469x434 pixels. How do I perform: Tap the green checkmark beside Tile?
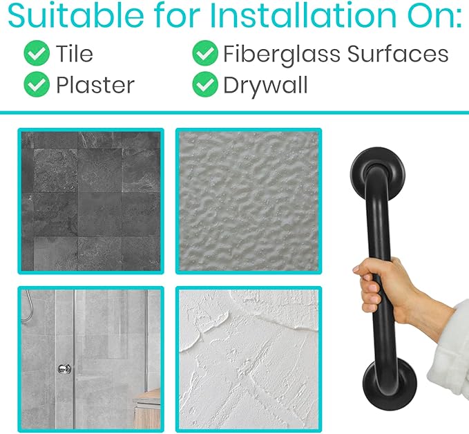click(37, 53)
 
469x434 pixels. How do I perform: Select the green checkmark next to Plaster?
click(37, 84)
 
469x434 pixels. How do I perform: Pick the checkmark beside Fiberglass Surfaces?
click(205, 53)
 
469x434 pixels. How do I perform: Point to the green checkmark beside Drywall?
click(205, 84)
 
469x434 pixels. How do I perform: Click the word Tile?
click(75, 54)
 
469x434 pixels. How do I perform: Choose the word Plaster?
click(95, 85)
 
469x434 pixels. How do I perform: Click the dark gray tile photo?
click(91, 201)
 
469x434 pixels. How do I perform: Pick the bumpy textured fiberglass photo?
click(249, 201)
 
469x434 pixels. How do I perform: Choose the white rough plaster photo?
click(249, 359)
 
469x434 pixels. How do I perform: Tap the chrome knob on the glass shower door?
click(64, 368)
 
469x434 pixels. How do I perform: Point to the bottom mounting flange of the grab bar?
click(390, 384)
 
